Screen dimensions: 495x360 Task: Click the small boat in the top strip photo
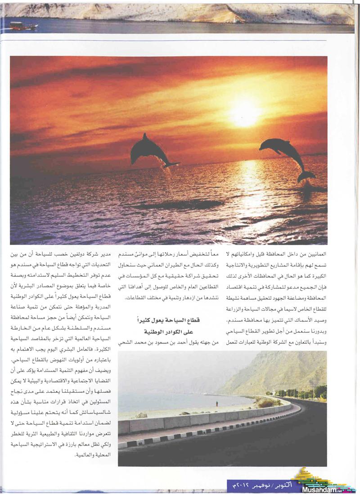(23, 26)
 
